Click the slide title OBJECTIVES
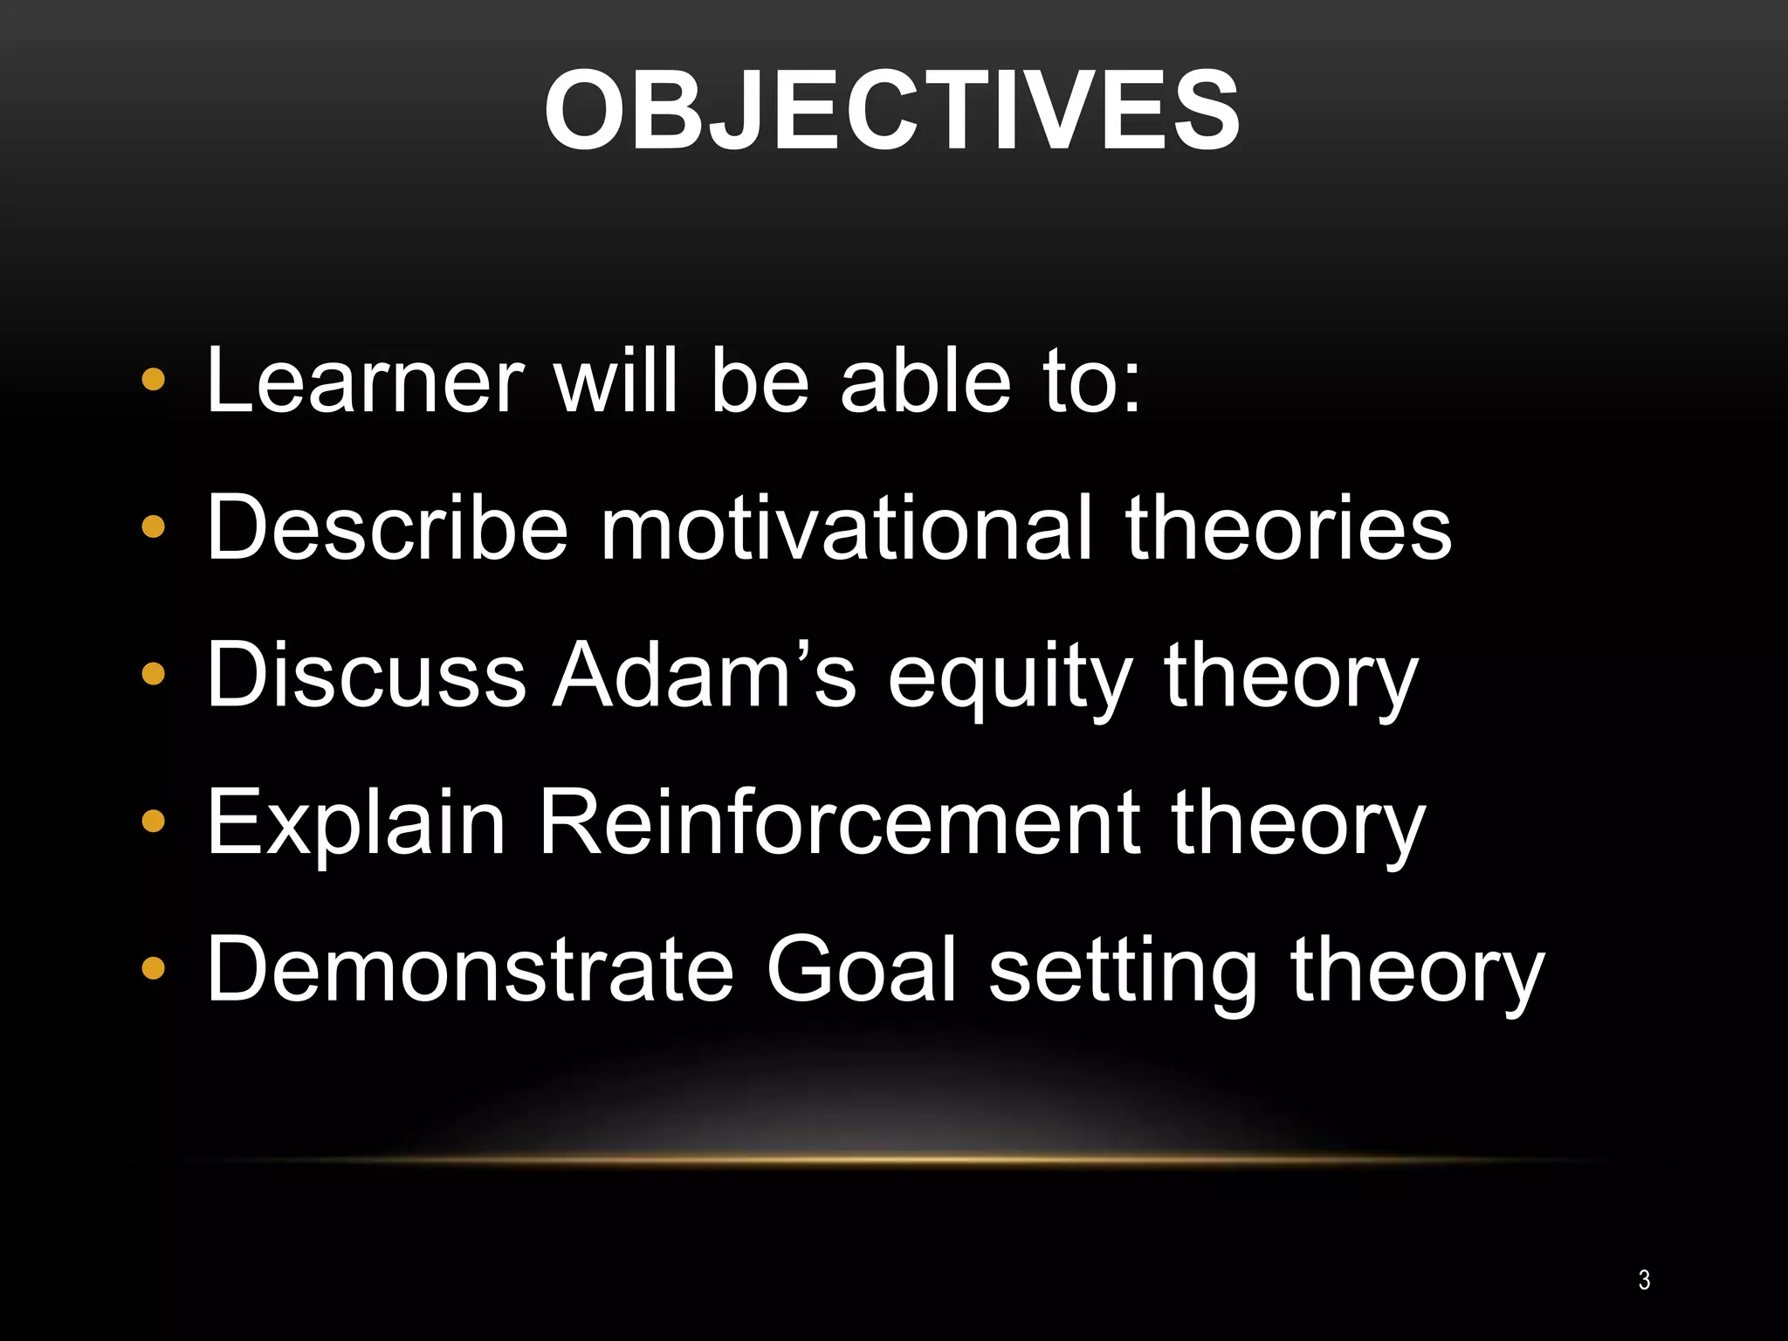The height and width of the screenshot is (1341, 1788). (x=891, y=112)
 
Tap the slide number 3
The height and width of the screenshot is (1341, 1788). (x=1644, y=1280)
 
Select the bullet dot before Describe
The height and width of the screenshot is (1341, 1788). (x=154, y=528)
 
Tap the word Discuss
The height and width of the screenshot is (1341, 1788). (x=366, y=675)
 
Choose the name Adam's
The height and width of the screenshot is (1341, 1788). (x=705, y=675)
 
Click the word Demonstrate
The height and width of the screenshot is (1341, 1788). (x=470, y=969)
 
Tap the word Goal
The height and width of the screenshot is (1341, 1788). (x=862, y=969)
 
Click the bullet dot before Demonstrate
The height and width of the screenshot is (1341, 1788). (x=154, y=969)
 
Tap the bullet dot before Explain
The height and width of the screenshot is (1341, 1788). (x=154, y=822)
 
